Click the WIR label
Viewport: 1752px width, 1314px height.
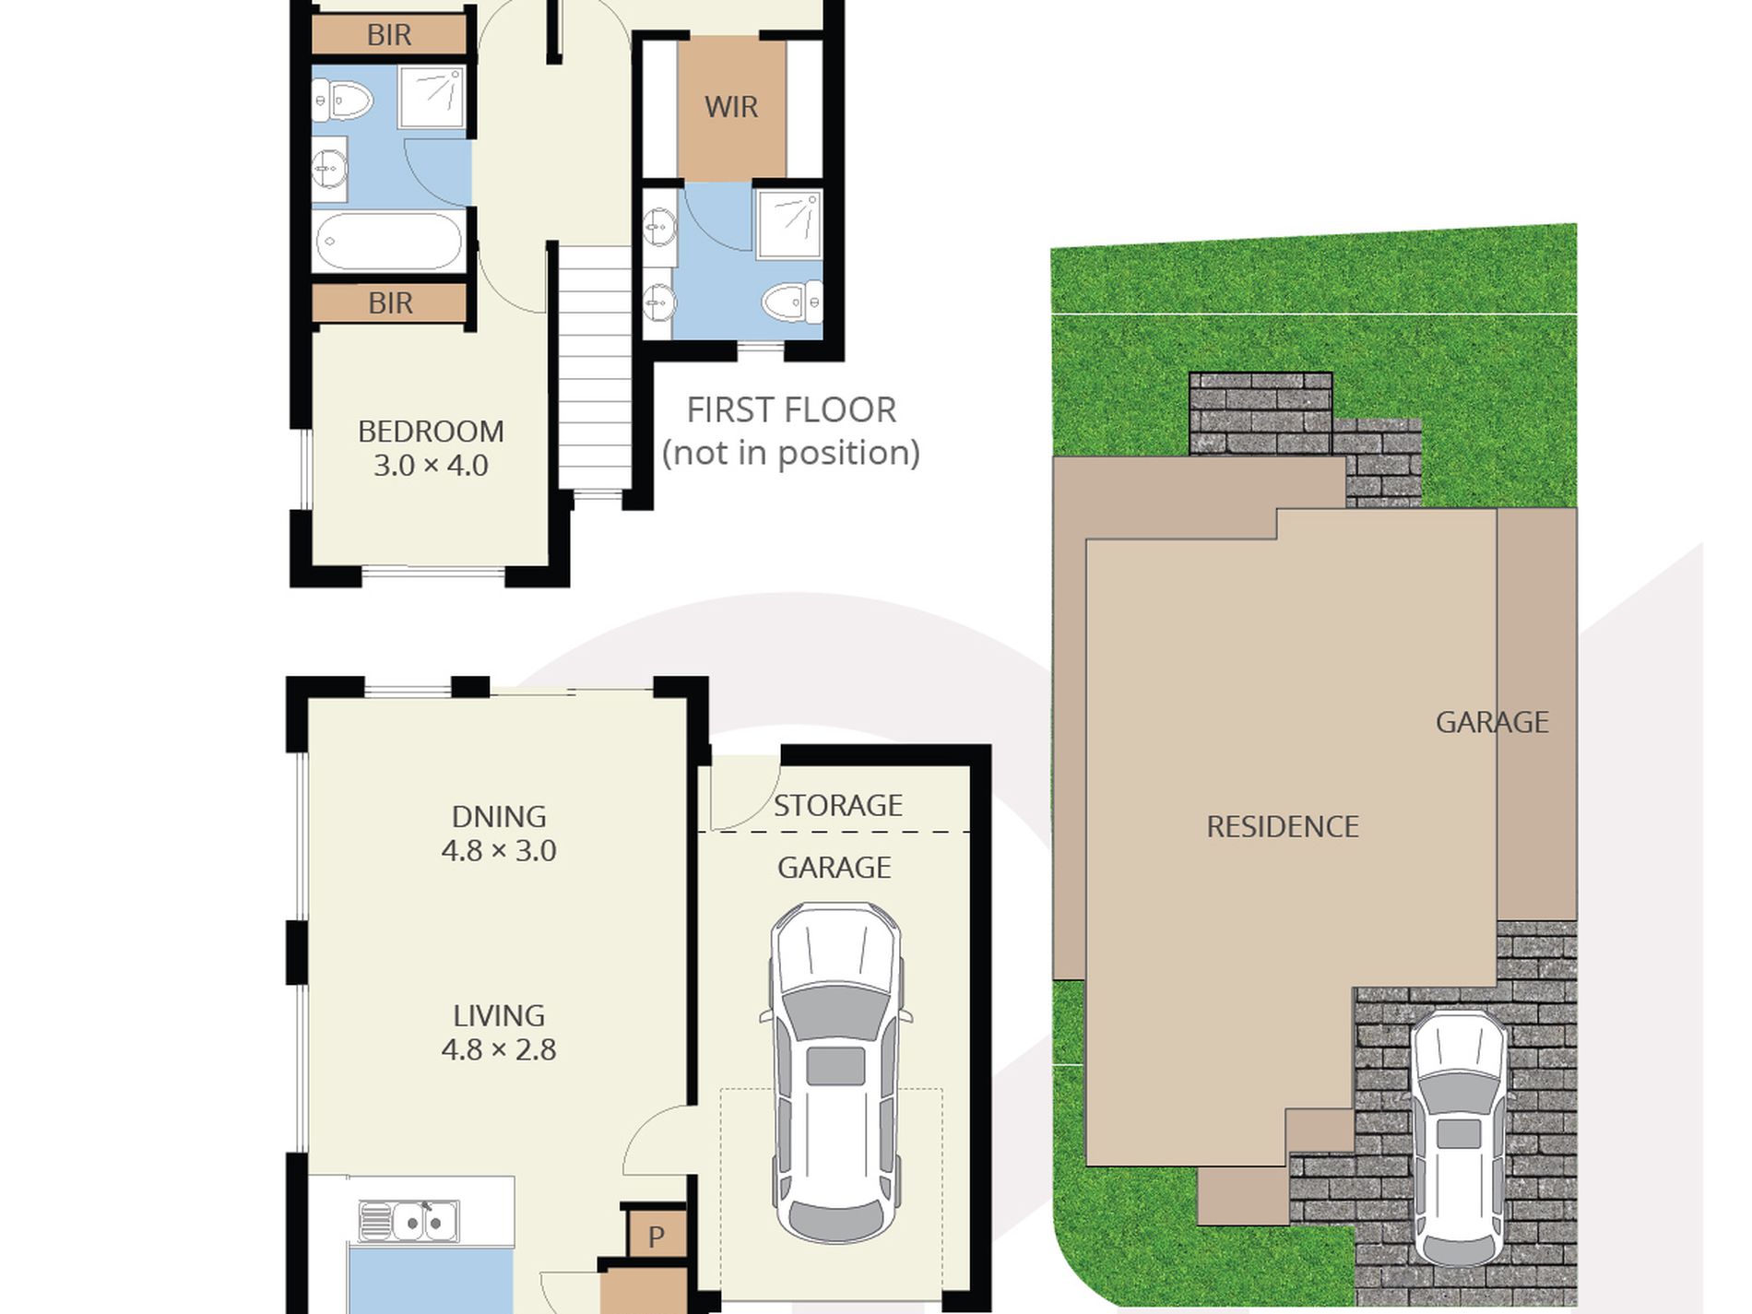(731, 107)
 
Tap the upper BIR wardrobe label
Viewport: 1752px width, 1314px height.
(389, 35)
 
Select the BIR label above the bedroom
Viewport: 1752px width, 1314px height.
(390, 303)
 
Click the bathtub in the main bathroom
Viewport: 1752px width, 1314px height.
(389, 242)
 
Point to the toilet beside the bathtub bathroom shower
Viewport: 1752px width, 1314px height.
(341, 100)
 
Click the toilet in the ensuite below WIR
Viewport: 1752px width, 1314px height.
(792, 302)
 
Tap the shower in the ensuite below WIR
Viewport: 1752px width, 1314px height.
(789, 223)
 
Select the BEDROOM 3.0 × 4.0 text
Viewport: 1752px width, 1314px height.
(431, 448)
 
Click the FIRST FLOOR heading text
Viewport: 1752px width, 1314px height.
(791, 410)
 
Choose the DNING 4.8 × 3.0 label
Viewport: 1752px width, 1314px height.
(499, 834)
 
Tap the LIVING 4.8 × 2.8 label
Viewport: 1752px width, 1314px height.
(499, 1033)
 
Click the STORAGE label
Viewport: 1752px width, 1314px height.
(837, 806)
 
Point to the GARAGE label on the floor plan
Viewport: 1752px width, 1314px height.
(834, 868)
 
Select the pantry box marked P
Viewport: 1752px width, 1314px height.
(657, 1234)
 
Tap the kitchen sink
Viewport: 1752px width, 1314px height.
(408, 1222)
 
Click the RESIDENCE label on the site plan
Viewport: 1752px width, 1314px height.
(1283, 827)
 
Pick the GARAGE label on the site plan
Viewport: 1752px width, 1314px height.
(1492, 722)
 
